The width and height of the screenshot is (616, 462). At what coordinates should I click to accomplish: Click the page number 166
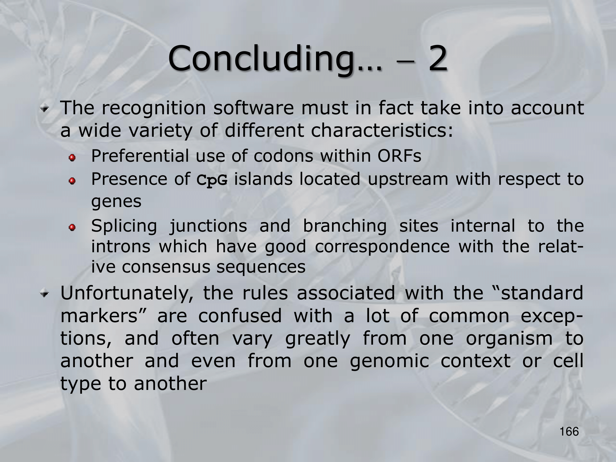(569, 432)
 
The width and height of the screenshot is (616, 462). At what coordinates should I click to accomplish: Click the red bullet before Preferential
(72, 158)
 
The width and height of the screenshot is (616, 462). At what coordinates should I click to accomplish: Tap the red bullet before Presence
(72, 181)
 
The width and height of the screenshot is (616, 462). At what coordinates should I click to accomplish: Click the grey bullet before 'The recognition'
(45, 109)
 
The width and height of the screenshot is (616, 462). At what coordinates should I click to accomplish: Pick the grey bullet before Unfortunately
(45, 294)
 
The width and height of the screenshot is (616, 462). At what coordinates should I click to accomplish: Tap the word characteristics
(382, 130)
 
